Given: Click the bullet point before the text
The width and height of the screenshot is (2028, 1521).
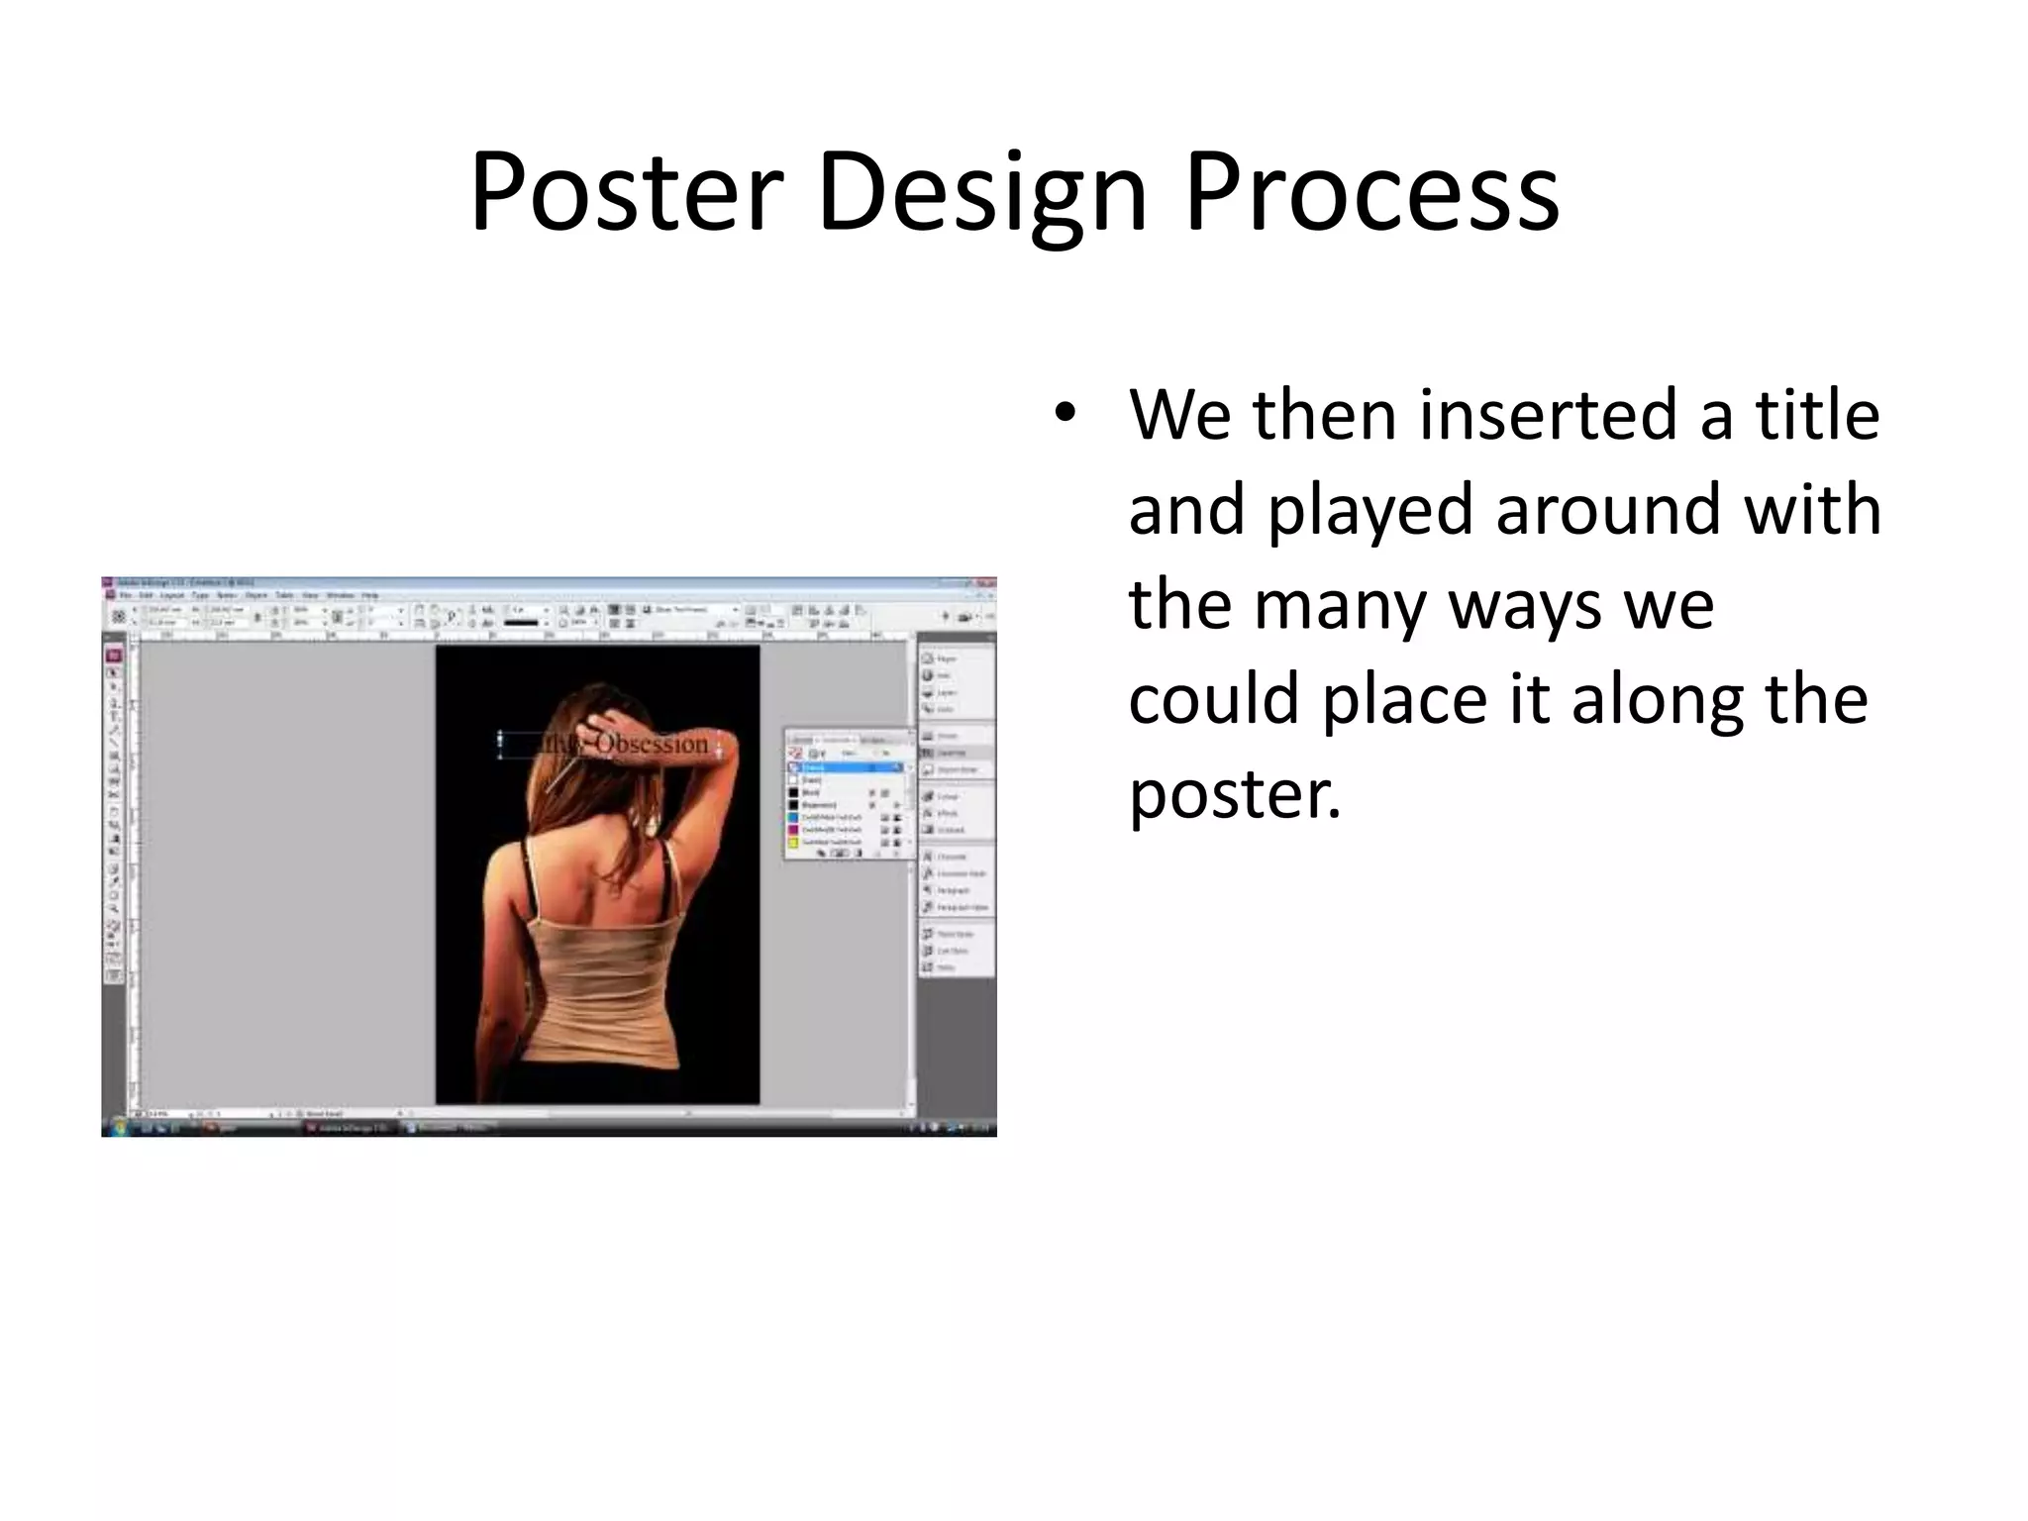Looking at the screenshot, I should pos(1065,414).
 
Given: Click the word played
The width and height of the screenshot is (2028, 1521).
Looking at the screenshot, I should pos(1370,509).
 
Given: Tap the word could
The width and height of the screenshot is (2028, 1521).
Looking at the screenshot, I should pos(1213,699).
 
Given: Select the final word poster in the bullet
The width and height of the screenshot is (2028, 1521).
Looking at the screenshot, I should pos(1233,794).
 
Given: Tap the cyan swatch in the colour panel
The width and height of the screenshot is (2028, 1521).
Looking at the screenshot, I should pos(793,817).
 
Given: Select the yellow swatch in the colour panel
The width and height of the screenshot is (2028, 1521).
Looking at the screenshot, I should pos(793,842).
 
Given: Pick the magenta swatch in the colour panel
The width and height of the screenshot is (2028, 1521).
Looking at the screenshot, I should pos(793,830).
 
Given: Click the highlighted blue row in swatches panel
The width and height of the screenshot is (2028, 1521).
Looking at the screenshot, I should pos(847,767).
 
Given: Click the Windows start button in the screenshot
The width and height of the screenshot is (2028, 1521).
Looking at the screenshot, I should pos(118,1127).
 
